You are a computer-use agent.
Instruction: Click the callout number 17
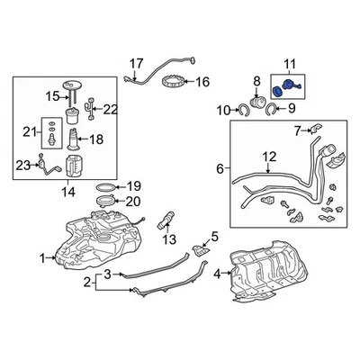(136, 62)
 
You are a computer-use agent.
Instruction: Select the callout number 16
(202, 82)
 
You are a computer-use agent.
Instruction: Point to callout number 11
(290, 63)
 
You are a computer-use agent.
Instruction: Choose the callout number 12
(268, 158)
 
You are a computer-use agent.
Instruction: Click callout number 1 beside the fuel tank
(40, 258)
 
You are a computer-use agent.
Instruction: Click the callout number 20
(134, 202)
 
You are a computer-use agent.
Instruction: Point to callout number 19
(134, 184)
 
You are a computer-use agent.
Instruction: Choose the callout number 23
(22, 163)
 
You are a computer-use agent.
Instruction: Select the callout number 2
(87, 284)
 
